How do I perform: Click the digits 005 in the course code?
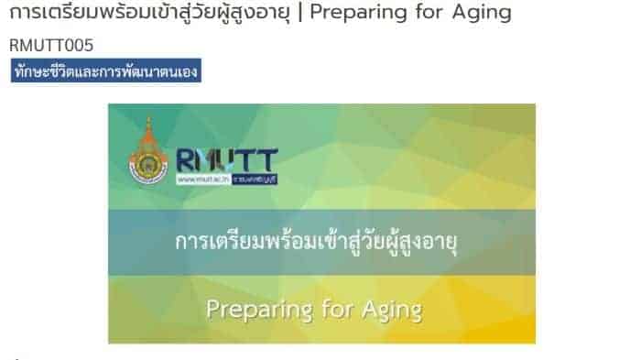tap(80, 45)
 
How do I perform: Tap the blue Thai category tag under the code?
tap(105, 71)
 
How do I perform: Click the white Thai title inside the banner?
tap(320, 243)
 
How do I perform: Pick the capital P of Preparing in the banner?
tap(212, 308)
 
